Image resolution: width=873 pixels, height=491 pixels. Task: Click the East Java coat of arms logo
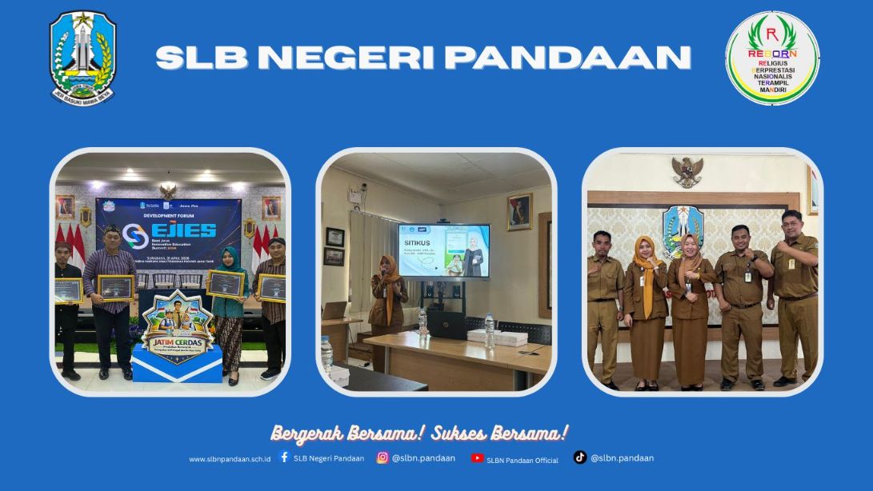tap(83, 58)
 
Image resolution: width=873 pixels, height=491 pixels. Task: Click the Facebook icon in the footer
tap(284, 457)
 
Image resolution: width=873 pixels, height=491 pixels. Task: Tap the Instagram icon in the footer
tap(382, 457)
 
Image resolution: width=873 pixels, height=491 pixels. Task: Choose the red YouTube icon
tap(477, 458)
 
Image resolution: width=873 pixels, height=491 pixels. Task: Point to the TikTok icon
tap(580, 457)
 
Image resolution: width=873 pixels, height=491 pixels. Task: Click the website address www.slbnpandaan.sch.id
tap(230, 459)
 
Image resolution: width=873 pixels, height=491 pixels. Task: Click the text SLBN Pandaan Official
tap(523, 460)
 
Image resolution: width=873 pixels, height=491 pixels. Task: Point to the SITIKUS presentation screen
tap(444, 250)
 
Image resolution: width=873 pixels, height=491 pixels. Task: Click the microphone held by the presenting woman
tap(385, 276)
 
